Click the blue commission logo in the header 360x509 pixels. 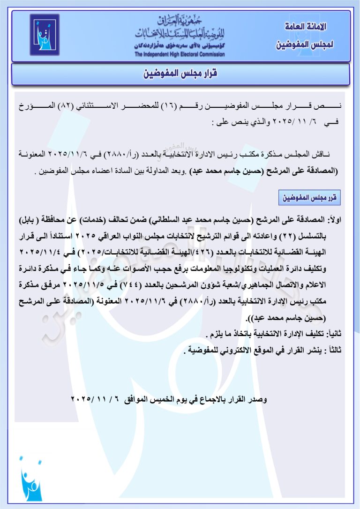click(x=45, y=35)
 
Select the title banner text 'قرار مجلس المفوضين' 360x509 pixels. click(x=180, y=74)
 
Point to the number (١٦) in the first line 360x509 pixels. click(x=168, y=107)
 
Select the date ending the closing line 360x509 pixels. click(x=94, y=399)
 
